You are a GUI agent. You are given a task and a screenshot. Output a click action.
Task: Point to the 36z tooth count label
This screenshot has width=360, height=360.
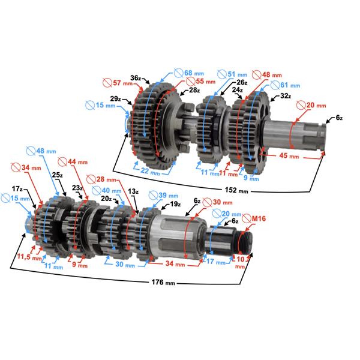click(136, 78)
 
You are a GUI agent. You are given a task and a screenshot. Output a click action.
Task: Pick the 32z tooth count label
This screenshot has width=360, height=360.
click(284, 96)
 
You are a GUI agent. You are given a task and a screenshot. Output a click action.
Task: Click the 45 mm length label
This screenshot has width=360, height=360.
click(289, 157)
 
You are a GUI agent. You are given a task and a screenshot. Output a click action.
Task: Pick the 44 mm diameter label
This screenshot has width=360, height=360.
click(76, 162)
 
